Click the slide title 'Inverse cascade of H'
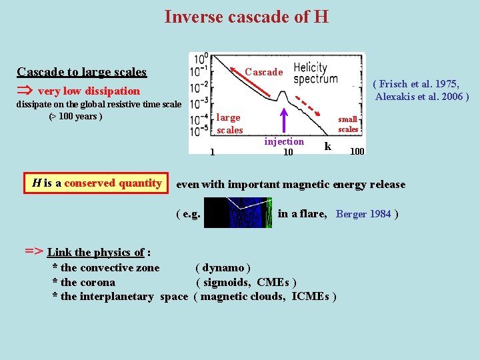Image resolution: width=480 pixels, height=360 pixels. click(246, 16)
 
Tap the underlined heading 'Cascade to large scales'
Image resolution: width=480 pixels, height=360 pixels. click(81, 71)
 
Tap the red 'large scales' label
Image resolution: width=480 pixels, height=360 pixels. click(229, 124)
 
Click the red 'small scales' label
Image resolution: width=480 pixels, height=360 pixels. click(348, 124)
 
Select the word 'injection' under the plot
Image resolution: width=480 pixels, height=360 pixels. click(284, 141)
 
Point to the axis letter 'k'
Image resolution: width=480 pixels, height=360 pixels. click(327, 146)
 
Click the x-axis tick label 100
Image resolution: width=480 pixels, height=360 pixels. click(357, 151)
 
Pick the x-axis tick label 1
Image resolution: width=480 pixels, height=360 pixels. click(212, 151)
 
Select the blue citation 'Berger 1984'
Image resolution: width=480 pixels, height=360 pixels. click(363, 214)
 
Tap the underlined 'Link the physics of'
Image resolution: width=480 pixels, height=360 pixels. click(95, 252)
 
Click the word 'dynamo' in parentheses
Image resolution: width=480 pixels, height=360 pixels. click(223, 268)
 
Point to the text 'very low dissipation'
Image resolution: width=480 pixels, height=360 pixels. click(89, 91)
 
